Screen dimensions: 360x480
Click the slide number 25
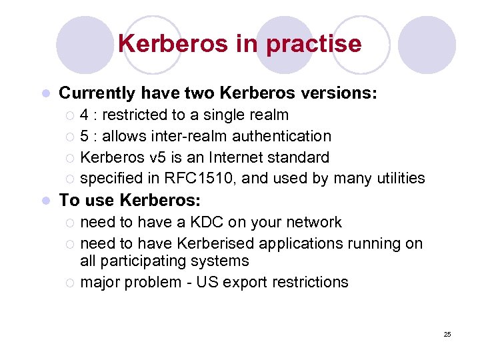[x=447, y=334]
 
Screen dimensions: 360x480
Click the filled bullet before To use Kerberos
[x=45, y=201]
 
